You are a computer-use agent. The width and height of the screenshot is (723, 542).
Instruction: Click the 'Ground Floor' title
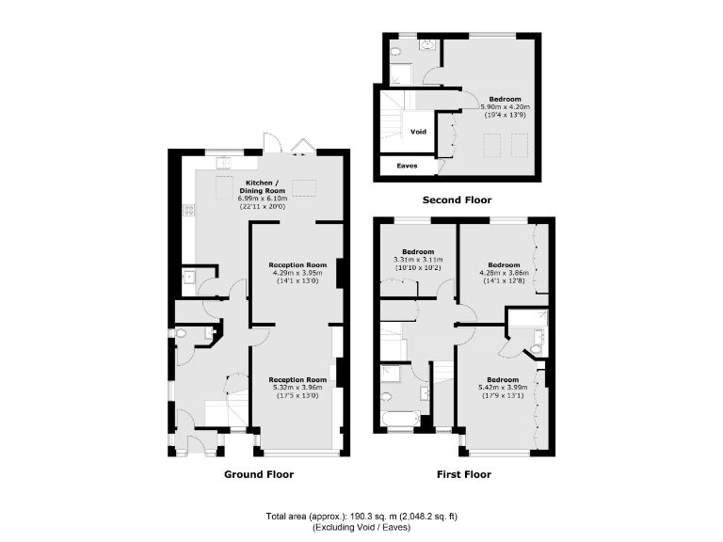(258, 474)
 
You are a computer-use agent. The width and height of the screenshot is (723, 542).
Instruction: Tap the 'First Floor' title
(464, 474)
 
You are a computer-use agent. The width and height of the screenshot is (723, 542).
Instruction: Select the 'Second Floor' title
(457, 199)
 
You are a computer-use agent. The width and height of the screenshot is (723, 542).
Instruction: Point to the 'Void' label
(419, 131)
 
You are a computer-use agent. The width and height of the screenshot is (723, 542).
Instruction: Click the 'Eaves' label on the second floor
(407, 166)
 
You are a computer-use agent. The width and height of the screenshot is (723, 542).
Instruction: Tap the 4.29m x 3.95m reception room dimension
(297, 273)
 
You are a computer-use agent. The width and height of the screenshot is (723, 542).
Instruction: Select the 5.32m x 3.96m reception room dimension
(297, 387)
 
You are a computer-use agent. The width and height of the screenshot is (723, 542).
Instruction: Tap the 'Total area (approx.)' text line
(361, 517)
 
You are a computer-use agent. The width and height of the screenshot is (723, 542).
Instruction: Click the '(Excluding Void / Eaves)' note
(361, 529)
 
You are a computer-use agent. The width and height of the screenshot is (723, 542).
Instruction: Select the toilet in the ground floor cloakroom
(182, 333)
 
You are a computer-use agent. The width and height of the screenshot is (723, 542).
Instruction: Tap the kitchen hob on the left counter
(189, 210)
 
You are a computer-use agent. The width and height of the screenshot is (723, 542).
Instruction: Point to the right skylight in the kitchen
(304, 185)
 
